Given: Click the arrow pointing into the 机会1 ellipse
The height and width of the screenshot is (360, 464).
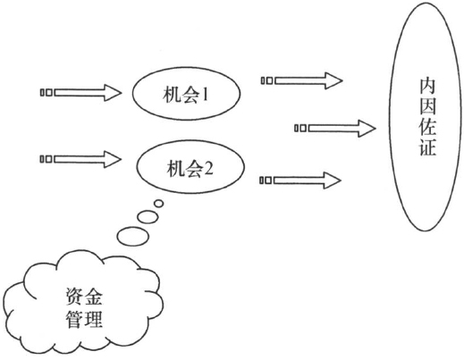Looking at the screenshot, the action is pos(80,93).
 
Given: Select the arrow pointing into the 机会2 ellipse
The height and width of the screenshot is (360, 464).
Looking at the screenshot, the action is pos(80,159).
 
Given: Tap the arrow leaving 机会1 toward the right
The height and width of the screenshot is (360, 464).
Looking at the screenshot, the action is pos(302,80).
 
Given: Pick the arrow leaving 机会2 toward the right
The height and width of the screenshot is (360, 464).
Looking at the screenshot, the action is pos(300,180).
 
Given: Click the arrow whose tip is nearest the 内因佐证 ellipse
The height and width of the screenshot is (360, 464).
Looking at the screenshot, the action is pos(335,129).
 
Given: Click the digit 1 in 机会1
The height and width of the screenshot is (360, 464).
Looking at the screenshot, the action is pos(205,96).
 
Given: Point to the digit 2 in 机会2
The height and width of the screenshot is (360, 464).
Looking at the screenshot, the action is pos(208,169).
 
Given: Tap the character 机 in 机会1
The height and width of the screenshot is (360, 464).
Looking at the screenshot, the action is pos(171,96).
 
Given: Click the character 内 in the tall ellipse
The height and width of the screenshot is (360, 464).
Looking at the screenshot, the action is pos(428,87).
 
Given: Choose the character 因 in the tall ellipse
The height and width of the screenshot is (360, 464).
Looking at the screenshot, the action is pos(428,106).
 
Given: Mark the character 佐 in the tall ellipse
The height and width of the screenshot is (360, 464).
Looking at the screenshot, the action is pos(428,127).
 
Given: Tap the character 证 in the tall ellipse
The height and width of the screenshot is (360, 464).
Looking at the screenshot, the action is pos(428,147).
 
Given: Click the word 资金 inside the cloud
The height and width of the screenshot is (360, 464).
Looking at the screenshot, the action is pos(84,297).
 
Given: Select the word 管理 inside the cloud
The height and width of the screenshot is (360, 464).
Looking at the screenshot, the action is pos(84,319).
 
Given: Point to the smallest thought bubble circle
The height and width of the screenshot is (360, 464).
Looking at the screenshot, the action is pos(159,204).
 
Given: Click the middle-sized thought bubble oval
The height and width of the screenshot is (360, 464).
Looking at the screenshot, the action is pos(148,216).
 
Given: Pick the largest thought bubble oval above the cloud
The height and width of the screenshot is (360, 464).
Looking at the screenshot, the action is pos(133,237).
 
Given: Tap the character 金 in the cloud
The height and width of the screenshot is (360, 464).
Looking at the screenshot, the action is pos(94,297).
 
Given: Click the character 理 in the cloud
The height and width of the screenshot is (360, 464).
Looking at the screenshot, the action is pos(94,319).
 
